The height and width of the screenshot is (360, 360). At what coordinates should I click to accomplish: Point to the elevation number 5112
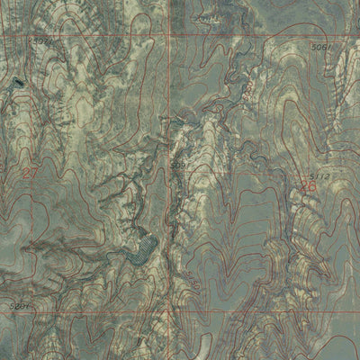[x=319, y=175]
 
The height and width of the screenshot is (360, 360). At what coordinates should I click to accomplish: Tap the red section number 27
[x=31, y=172]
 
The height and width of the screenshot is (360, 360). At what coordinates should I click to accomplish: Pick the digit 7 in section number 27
[x=36, y=172]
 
